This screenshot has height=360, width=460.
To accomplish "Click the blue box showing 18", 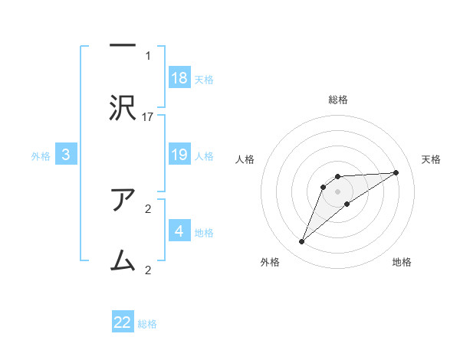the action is [x=179, y=77].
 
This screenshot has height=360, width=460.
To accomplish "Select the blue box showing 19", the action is [x=179, y=155].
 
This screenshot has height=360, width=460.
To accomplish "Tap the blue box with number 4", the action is [x=179, y=231].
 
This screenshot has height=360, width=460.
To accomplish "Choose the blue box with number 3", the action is [x=66, y=155].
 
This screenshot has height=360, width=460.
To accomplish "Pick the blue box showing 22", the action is [x=123, y=322].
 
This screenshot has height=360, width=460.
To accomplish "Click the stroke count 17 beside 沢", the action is [x=148, y=116].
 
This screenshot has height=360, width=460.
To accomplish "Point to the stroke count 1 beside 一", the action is [x=148, y=55].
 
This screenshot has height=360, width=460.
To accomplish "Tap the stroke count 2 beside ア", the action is [x=148, y=208].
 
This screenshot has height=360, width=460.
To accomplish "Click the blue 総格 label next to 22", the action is [x=147, y=324].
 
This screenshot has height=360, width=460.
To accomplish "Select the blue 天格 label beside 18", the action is [x=204, y=79].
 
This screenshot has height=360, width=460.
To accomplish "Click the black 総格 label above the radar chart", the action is [x=338, y=100].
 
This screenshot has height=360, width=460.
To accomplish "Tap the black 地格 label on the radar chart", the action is [x=402, y=263].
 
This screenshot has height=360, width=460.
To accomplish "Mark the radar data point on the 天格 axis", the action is [x=396, y=172].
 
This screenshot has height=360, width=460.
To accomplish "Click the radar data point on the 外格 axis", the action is [x=301, y=242].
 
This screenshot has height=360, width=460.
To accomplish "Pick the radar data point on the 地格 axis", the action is [x=347, y=204].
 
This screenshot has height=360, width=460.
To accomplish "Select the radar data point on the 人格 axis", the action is [x=324, y=186].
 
